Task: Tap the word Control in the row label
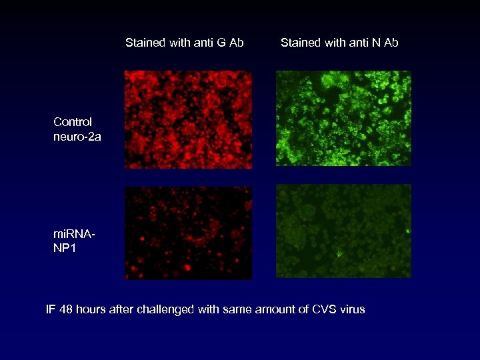[73, 122]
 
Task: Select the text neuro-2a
[77, 137]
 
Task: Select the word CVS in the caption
[323, 309]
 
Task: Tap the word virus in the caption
[351, 309]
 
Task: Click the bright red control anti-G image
[188, 119]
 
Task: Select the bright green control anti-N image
[343, 118]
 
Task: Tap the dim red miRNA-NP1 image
[188, 233]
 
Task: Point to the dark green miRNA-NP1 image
[343, 231]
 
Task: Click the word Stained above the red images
[145, 43]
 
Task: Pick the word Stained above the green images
[301, 43]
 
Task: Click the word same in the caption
[237, 309]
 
